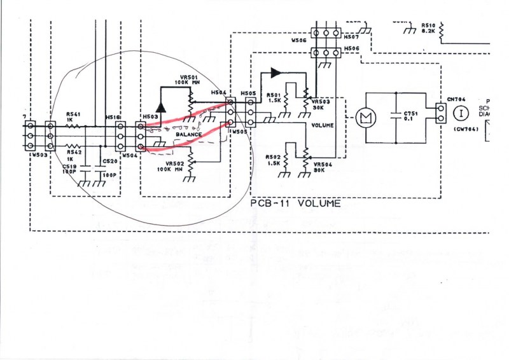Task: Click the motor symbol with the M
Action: pyautogui.click(x=366, y=118)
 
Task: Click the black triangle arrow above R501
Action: pyautogui.click(x=275, y=73)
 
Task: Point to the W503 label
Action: pyautogui.click(x=40, y=155)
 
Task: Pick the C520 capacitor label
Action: pyautogui.click(x=109, y=162)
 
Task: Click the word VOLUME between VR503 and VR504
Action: pyautogui.click(x=323, y=126)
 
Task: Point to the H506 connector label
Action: pyautogui.click(x=351, y=49)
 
